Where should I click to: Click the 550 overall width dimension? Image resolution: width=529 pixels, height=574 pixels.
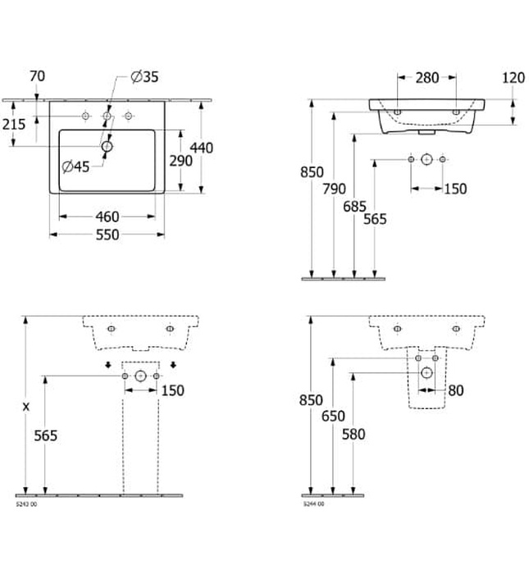coord(107,235)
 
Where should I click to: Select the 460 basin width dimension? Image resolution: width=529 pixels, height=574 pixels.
coord(107,216)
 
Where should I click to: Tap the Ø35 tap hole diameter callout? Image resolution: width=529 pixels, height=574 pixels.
coord(144,77)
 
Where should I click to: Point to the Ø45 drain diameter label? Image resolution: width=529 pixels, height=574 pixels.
coord(76,166)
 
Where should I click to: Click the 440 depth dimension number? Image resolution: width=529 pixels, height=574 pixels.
coord(201,148)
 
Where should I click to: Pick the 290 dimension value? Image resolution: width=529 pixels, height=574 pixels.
coord(180,161)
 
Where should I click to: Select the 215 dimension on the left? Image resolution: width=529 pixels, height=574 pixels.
coord(14,124)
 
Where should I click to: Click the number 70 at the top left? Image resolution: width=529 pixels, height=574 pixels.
coord(37,77)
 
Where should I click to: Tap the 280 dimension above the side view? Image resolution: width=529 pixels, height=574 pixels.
coord(426,78)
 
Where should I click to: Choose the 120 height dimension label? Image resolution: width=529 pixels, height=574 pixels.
coord(513,78)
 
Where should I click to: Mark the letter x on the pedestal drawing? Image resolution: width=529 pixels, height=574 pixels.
coord(26,406)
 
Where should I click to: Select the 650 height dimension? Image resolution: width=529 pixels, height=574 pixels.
coord(332,416)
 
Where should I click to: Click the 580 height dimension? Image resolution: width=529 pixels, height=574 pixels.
coord(353,435)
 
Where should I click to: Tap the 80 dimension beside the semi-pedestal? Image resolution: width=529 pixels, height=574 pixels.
coord(455,391)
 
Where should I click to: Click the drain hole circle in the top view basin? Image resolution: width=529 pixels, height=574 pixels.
coord(107,147)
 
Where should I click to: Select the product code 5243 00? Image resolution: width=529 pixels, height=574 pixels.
coord(26,504)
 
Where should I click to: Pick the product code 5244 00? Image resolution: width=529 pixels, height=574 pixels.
coord(314,504)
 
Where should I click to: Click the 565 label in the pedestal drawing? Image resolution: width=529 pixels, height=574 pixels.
coord(45,435)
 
